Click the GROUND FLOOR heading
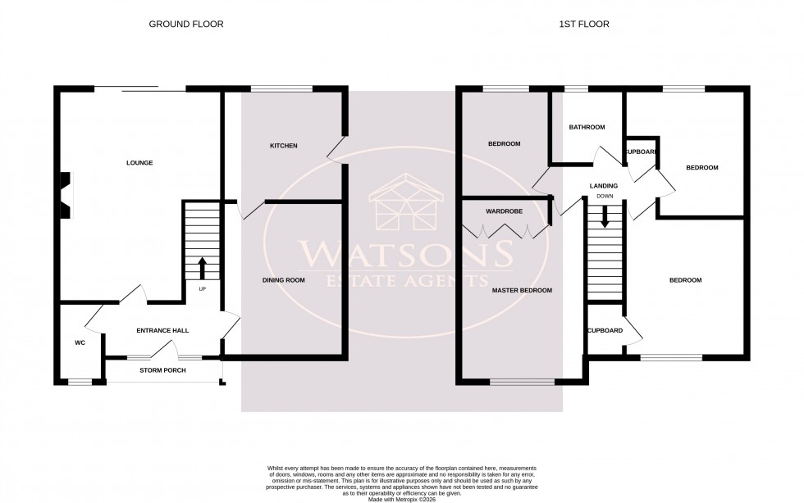185,24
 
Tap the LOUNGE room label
139,163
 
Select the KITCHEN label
283,146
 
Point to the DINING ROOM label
283,280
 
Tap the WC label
80,342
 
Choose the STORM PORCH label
162,370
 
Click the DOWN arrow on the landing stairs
605,215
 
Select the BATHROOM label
587,127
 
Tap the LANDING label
603,186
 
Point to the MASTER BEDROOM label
521,290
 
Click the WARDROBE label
504,211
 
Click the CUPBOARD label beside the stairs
605,331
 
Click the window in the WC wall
80,382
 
